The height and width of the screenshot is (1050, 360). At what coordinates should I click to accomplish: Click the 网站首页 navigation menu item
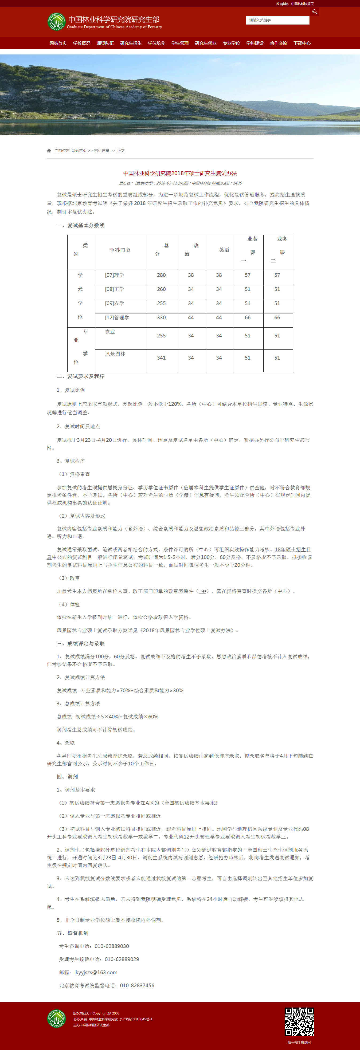[x=58, y=43]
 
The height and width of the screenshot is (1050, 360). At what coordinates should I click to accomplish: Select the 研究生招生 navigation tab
[x=131, y=43]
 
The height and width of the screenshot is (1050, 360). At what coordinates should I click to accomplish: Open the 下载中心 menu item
[x=302, y=43]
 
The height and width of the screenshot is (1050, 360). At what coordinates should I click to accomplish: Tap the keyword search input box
[x=277, y=20]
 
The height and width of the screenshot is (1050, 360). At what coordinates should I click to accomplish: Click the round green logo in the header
[x=57, y=22]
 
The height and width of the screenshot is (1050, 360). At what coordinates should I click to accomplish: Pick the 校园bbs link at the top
[x=282, y=4]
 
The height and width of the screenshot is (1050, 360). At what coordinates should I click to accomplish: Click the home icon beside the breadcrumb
[x=49, y=150]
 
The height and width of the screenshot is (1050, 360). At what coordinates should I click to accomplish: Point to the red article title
[x=180, y=173]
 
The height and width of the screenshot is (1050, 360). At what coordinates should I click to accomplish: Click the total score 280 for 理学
[x=162, y=275]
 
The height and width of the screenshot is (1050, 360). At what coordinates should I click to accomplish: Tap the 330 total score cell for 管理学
[x=162, y=317]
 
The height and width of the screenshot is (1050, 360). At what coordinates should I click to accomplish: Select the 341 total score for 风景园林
[x=162, y=358]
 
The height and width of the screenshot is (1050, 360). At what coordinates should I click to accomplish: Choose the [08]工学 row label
[x=115, y=289]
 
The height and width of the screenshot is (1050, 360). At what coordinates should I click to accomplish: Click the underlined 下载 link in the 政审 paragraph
[x=202, y=591]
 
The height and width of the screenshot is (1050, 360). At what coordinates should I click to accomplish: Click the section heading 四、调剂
[x=67, y=777]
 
